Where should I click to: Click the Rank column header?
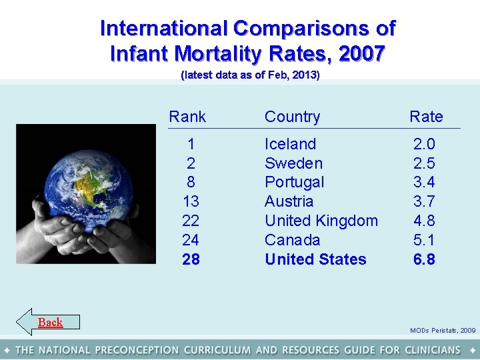187,117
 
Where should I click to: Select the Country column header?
292,117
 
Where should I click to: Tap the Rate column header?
426,117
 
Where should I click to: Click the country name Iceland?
290,144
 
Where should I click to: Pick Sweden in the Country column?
293,163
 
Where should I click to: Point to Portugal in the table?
294,182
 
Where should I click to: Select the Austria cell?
289,201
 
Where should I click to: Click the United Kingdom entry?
321,221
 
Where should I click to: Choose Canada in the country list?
292,240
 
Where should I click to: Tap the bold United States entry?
315,259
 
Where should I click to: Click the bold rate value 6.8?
424,259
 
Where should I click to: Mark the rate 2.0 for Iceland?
424,144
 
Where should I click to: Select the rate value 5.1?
424,240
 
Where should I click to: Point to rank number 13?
191,201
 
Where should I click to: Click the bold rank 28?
191,259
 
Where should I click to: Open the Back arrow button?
48,322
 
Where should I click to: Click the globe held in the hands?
78,179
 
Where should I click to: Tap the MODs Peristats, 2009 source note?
443,330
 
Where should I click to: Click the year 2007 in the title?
361,53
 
